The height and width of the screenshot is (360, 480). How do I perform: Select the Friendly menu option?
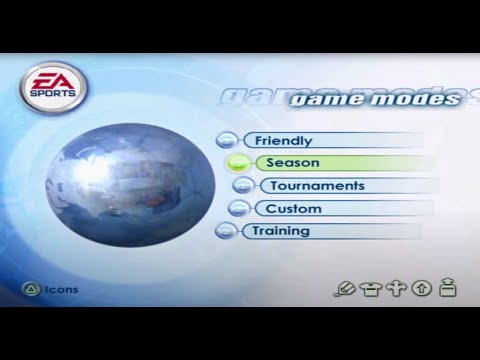[283, 141]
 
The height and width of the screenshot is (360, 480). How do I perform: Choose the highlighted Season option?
[294, 163]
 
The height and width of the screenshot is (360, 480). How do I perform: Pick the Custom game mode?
[293, 209]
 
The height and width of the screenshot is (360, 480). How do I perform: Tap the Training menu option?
[281, 231]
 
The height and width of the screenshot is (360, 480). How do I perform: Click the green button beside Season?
[238, 163]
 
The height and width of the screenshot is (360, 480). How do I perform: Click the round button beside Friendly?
[227, 141]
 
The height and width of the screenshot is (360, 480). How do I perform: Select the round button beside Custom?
[238, 209]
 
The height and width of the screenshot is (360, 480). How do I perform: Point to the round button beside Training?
[227, 231]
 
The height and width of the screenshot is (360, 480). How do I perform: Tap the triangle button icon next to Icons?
[31, 290]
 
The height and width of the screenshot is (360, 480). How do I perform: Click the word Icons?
[62, 290]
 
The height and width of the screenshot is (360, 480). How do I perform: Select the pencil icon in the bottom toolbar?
[347, 290]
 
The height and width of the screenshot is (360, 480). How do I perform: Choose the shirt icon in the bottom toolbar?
[371, 290]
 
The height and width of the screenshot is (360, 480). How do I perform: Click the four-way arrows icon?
[396, 290]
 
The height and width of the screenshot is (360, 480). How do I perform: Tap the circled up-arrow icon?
[422, 290]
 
